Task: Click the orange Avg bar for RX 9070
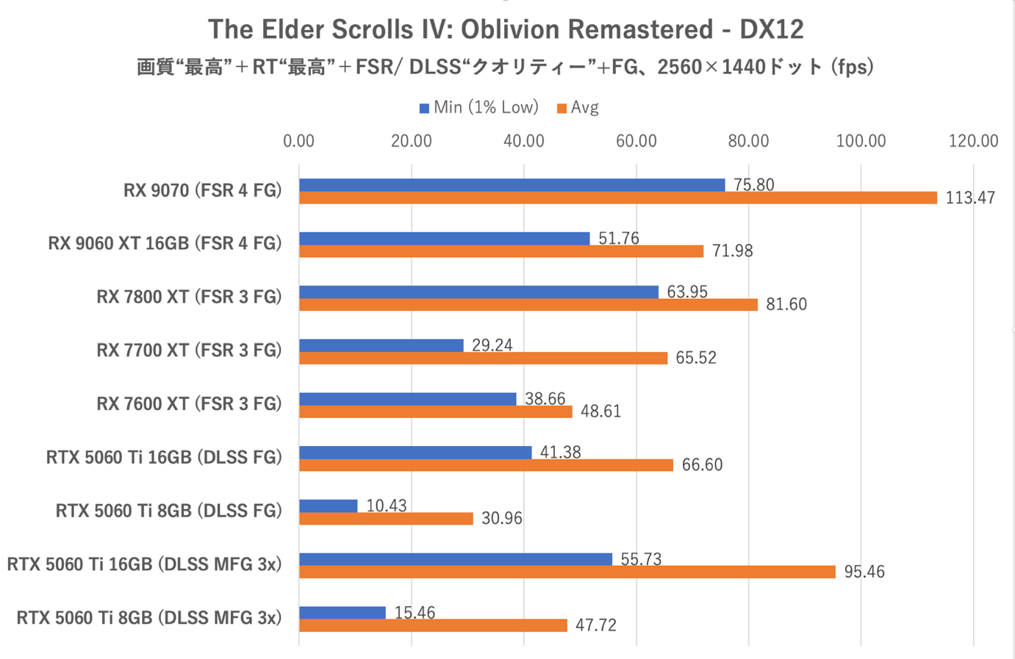click(617, 198)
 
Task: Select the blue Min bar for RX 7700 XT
click(381, 345)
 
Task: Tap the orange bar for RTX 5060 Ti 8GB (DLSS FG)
click(386, 519)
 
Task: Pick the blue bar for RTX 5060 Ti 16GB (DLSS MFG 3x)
click(456, 559)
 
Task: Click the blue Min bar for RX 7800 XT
click(478, 292)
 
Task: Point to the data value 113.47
click(969, 198)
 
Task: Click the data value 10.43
click(386, 505)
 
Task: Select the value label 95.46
click(864, 572)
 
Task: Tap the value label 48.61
click(600, 411)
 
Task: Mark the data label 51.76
click(618, 238)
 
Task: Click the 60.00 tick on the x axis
click(636, 141)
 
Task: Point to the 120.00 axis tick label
click(972, 141)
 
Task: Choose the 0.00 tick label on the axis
click(298, 141)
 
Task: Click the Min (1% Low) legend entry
click(479, 107)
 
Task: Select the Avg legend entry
click(578, 107)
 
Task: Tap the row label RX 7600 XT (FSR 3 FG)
click(189, 404)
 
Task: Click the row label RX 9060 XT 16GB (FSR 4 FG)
click(165, 243)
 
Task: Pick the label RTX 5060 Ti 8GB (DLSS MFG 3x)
click(148, 618)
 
